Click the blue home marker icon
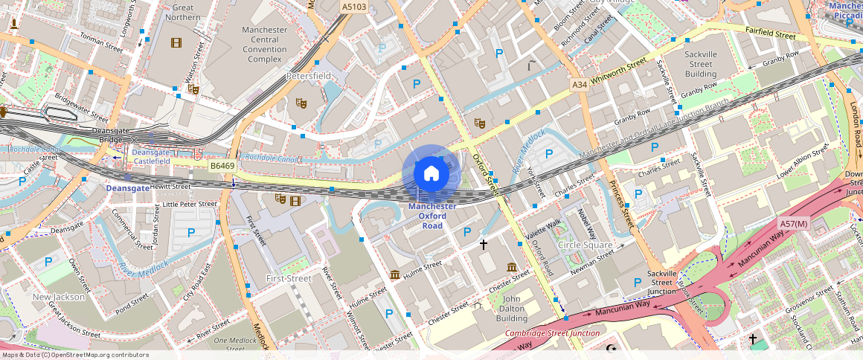tap(431, 174)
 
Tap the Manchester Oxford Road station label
tap(432, 216)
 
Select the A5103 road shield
tap(353, 6)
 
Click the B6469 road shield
tap(222, 166)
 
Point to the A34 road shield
tap(580, 86)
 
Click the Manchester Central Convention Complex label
tap(265, 44)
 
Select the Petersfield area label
tap(309, 76)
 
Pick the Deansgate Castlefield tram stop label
tap(151, 156)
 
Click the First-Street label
tap(289, 278)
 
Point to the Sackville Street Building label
tap(701, 64)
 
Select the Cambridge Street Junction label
tap(552, 333)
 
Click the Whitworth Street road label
tap(618, 73)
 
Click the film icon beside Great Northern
tap(176, 43)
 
